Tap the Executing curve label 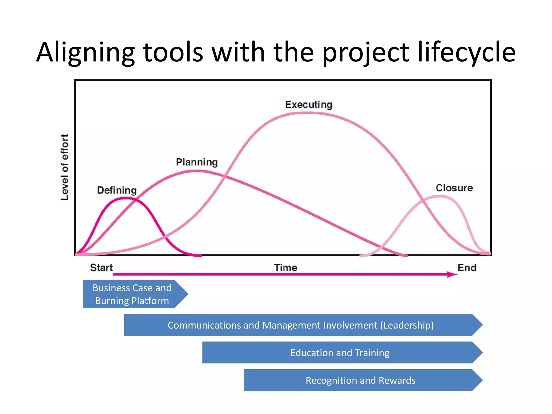tap(309, 105)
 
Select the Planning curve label tap(197, 162)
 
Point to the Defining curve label tap(117, 190)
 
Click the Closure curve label tap(454, 188)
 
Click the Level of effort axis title tap(64, 167)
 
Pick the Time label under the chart tap(285, 268)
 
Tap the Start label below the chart tap(101, 268)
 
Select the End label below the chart tap(467, 268)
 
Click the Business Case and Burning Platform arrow tap(132, 294)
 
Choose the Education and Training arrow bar tap(340, 353)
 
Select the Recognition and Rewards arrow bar tap(360, 380)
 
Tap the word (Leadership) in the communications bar tap(407, 325)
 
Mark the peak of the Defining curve tap(126, 198)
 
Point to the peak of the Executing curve tap(307, 113)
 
